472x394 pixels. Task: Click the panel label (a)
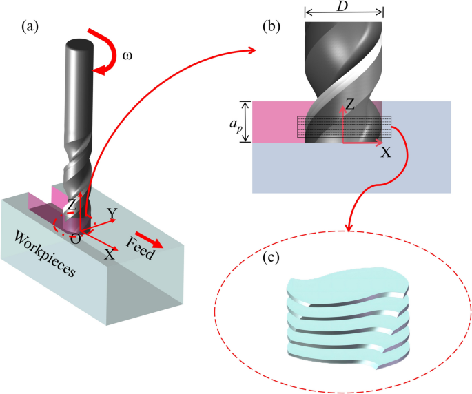pos(30,27)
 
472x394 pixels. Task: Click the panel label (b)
pos(271,27)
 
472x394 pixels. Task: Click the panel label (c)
pos(271,258)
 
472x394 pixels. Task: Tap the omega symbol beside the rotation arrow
pos(127,56)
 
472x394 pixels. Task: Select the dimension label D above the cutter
pos(342,6)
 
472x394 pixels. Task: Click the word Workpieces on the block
pos(45,254)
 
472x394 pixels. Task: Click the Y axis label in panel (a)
pos(112,214)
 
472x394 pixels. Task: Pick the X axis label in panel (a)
pos(110,255)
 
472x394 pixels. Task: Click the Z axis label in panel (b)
pos(350,105)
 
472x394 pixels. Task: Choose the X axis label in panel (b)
pos(386,153)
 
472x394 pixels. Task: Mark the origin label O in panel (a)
pos(76,239)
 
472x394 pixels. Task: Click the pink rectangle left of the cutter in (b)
pos(278,122)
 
